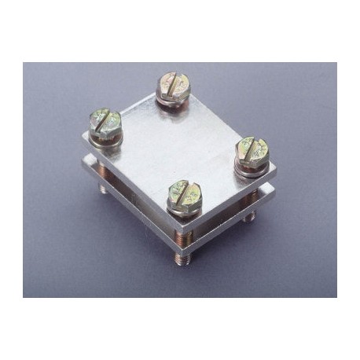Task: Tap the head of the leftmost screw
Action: click(105, 121)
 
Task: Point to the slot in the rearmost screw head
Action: click(171, 82)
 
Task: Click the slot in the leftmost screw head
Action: click(105, 120)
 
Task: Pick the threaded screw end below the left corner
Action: click(103, 189)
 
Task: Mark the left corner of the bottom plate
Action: click(85, 163)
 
